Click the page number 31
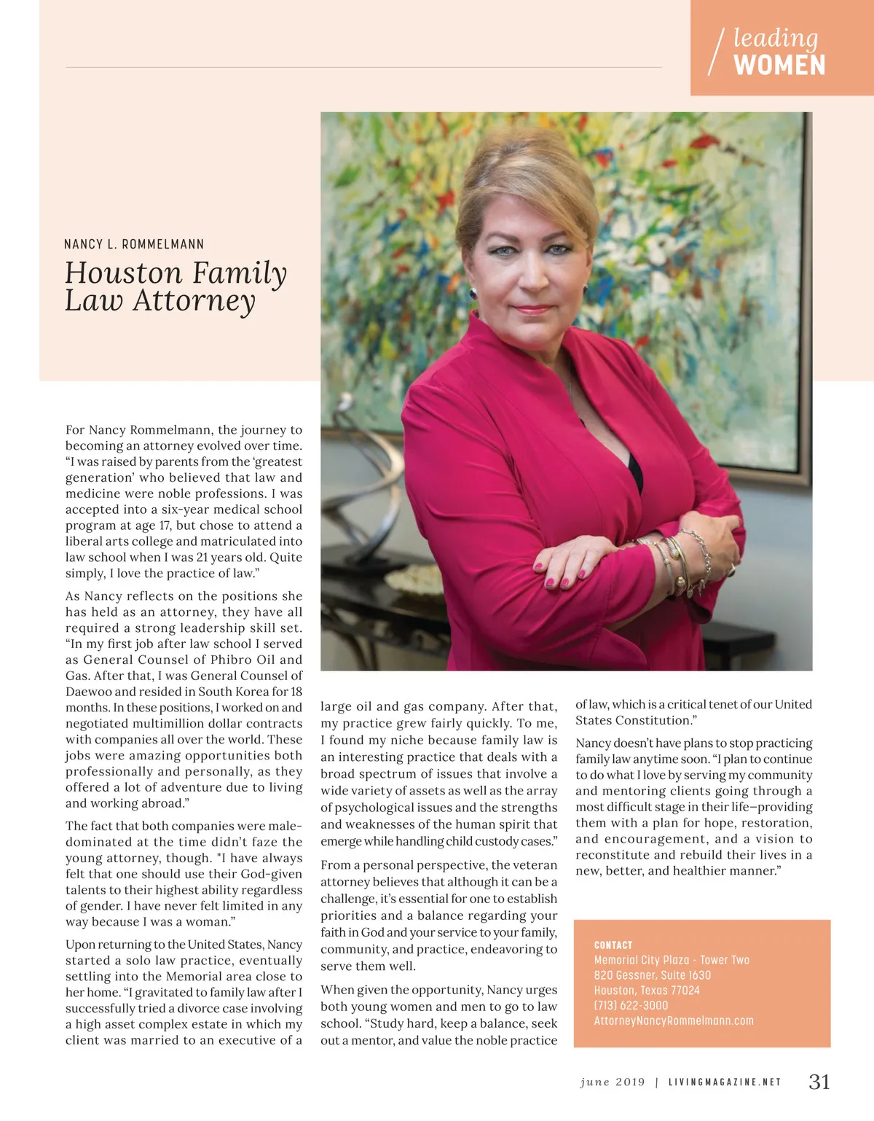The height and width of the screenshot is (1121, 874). (819, 1082)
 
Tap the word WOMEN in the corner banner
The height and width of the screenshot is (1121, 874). (779, 66)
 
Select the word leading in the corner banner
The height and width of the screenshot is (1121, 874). (775, 37)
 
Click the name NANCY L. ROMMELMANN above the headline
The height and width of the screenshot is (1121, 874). (134, 244)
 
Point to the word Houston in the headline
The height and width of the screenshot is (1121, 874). (124, 273)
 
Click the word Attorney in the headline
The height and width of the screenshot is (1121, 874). (194, 300)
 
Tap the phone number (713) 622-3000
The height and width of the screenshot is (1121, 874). (631, 1006)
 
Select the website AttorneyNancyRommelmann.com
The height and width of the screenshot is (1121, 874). (674, 1021)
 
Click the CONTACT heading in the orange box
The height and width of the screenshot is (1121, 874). (613, 945)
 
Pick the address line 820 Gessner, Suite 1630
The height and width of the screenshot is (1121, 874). (653, 975)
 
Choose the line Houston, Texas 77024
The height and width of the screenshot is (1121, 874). (647, 991)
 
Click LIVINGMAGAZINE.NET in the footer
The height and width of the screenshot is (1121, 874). (725, 1082)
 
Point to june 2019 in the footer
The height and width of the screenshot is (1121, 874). (613, 1082)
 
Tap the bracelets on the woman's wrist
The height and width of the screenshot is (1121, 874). (681, 561)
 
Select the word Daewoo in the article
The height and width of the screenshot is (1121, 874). (89, 692)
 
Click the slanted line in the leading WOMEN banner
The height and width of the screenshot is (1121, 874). (717, 51)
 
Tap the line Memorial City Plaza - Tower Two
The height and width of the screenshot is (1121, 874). (672, 960)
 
